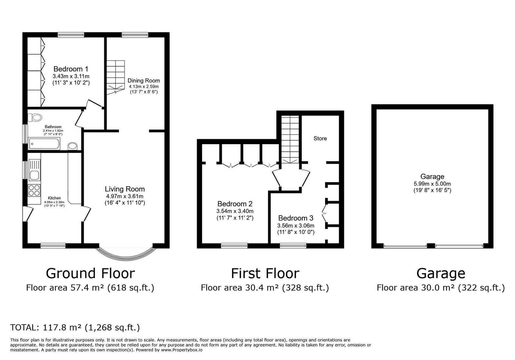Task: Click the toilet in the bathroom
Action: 35,118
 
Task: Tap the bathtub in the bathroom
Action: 44,144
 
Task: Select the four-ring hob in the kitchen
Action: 34,190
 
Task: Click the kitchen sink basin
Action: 34,176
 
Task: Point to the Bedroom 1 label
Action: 71,69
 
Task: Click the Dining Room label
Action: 144,81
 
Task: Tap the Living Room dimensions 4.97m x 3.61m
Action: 125,197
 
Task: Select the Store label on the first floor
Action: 320,138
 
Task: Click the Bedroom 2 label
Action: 235,204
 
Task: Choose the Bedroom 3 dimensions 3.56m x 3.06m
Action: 296,226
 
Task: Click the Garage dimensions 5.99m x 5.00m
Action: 432,184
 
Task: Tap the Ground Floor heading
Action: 90,273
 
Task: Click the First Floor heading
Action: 265,273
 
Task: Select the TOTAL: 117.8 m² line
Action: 75,328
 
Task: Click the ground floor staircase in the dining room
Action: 116,77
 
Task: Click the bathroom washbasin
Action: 73,146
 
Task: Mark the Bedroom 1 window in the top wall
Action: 71,35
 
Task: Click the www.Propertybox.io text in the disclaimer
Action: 182,350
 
